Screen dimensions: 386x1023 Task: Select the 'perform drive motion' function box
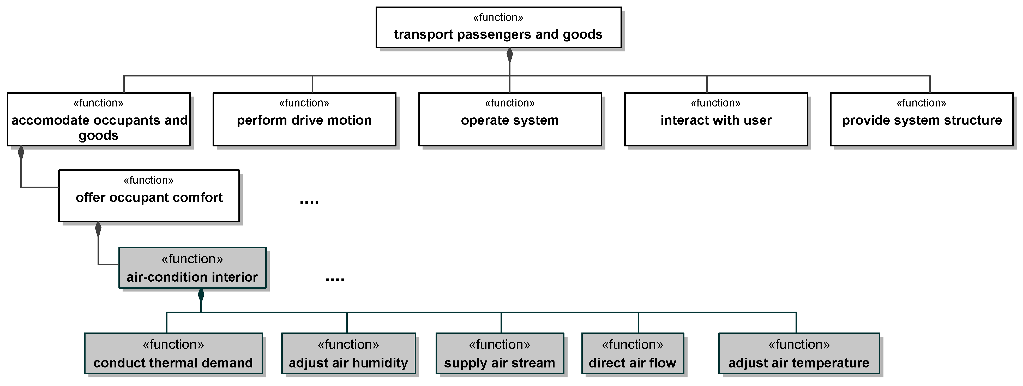304,119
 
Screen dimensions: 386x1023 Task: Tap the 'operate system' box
510,119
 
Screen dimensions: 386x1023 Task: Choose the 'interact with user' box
716,119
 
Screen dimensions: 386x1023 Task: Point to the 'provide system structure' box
921,119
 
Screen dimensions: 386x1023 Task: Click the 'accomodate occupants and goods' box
99,119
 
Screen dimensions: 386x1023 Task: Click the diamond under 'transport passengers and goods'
509,55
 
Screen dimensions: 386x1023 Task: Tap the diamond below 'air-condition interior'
201,295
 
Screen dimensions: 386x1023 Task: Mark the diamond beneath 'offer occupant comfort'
98,229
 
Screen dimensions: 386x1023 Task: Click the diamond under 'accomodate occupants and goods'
21,153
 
